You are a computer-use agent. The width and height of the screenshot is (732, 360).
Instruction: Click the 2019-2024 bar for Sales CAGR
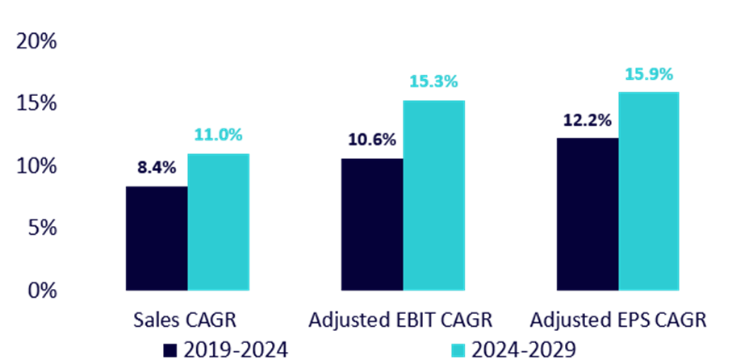[x=156, y=238]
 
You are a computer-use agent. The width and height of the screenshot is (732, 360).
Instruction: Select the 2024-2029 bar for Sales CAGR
[x=218, y=222]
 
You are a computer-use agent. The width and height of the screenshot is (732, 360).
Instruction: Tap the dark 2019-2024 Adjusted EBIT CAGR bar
[x=371, y=224]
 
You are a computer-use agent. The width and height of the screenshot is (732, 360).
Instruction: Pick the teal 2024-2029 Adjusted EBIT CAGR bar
[x=433, y=195]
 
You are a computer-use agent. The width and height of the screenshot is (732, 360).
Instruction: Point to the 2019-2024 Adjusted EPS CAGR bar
[x=587, y=214]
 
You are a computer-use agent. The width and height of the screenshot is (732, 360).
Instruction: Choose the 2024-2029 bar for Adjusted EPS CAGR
[x=649, y=190]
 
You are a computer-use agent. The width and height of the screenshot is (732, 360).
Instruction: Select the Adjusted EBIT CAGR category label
[x=401, y=320]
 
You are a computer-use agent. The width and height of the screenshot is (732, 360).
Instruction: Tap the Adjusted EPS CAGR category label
[x=618, y=320]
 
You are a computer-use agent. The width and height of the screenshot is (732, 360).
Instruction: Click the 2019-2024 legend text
[x=235, y=350]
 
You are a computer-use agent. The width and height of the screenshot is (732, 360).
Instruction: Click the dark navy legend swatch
[x=170, y=350]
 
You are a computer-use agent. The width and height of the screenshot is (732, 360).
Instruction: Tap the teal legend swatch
[x=458, y=350]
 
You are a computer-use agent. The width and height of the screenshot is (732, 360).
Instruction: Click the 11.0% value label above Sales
[x=218, y=135]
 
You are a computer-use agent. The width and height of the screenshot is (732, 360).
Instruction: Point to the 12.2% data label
[x=587, y=119]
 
